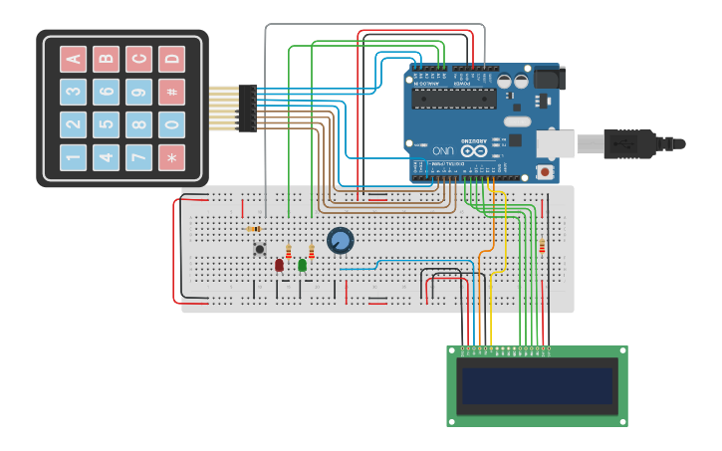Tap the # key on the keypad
click(x=172, y=92)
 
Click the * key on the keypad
click(x=172, y=157)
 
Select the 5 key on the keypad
click(x=107, y=124)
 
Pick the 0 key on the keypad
click(x=172, y=124)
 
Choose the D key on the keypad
click(x=172, y=59)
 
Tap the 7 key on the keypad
click(x=139, y=157)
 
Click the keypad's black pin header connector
click(x=247, y=109)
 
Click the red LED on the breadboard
click(x=279, y=265)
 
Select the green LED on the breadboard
click(x=302, y=265)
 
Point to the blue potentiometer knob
click(x=341, y=240)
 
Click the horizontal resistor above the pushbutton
click(x=254, y=229)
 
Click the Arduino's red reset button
click(x=545, y=171)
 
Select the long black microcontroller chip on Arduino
click(x=455, y=98)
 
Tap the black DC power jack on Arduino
click(x=548, y=78)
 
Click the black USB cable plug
click(x=629, y=143)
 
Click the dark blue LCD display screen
click(x=537, y=385)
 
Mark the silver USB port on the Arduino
click(x=555, y=143)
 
